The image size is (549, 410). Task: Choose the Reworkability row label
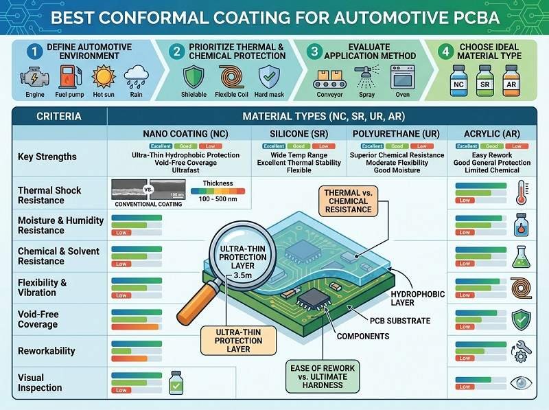(47, 351)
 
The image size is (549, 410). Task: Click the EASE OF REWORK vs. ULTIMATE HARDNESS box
(322, 378)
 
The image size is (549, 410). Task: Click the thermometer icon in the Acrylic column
(522, 192)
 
